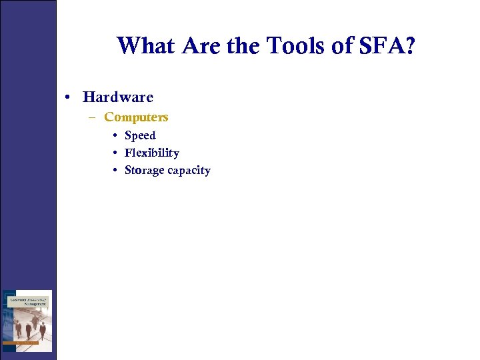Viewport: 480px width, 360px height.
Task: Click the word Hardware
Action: (118, 97)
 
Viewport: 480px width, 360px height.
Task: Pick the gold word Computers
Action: (136, 117)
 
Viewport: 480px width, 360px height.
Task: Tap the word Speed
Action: (140, 135)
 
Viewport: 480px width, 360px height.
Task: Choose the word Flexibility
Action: (152, 153)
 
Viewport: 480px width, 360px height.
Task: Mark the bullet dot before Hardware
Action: (69, 97)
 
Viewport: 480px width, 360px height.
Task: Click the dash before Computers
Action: (95, 117)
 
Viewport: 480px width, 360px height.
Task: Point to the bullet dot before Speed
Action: (116, 135)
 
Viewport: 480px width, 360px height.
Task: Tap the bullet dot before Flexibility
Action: (116, 153)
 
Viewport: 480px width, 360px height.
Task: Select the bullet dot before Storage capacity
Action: (116, 170)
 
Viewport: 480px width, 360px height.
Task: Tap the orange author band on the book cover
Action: (27, 342)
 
